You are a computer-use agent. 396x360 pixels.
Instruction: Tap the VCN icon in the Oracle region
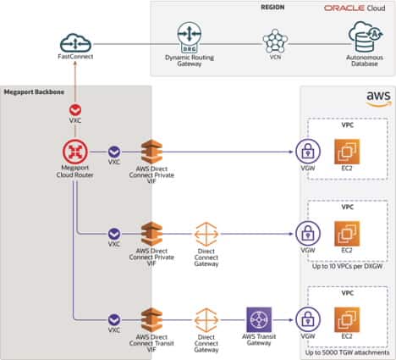(x=274, y=41)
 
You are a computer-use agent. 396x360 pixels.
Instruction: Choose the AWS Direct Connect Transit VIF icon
(x=151, y=319)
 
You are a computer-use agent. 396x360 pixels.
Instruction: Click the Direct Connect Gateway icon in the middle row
(x=206, y=234)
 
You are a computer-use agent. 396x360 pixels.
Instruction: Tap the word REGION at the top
(x=272, y=8)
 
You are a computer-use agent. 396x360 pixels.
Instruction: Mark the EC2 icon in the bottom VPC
(x=347, y=320)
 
